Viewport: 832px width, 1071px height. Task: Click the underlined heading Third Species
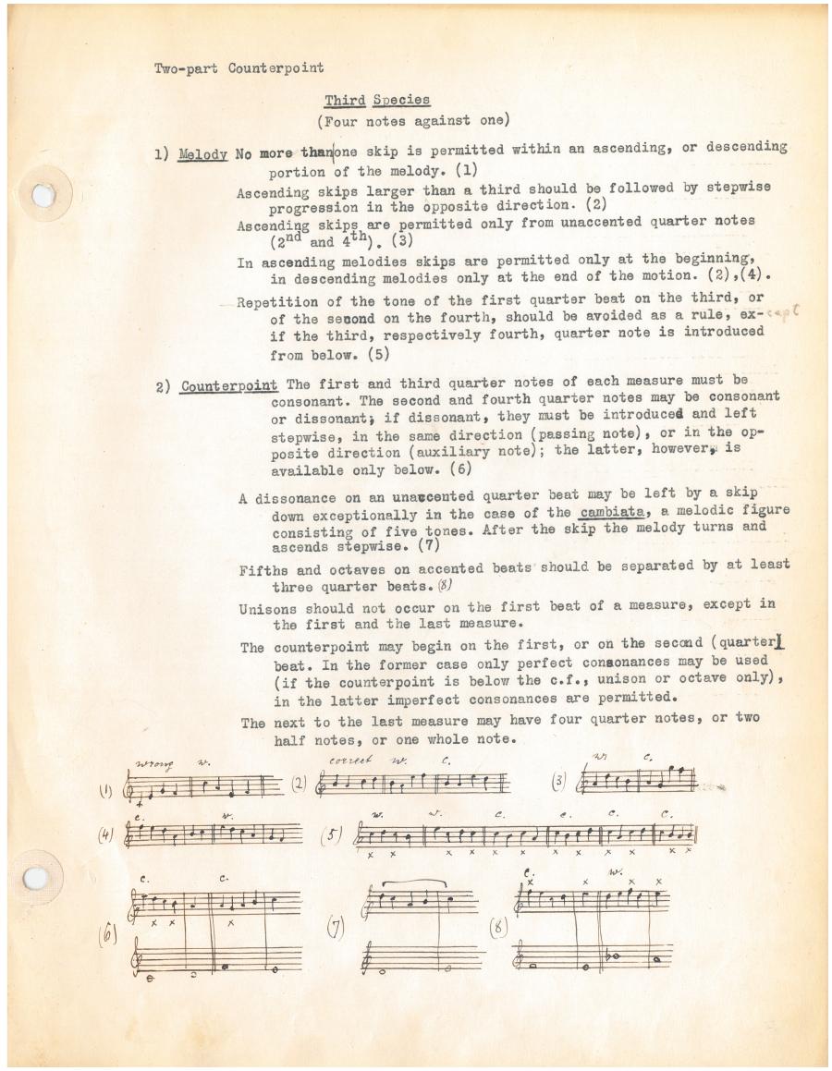coord(376,100)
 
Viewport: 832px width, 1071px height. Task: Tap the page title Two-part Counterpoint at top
coord(239,68)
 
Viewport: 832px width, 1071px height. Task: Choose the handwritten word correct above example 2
coord(349,760)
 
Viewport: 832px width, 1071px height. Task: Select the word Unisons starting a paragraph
coord(268,609)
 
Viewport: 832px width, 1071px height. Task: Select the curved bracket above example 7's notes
coord(420,884)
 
